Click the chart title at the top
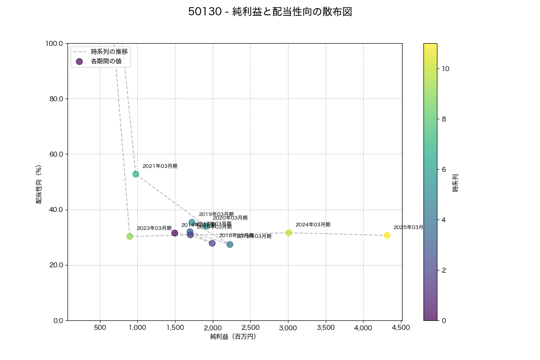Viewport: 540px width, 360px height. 270,12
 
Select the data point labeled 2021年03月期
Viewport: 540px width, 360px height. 135,174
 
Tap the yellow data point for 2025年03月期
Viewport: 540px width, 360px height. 387,235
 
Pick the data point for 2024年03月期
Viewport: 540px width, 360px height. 288,233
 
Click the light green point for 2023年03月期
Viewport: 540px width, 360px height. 130,236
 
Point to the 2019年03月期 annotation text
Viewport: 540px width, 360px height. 216,214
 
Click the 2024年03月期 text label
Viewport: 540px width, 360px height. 313,225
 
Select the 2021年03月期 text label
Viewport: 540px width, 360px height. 160,166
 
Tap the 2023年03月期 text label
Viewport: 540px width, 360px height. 154,228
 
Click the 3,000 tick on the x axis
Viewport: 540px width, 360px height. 288,328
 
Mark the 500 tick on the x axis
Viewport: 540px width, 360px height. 100,328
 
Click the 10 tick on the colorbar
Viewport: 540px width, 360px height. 445,69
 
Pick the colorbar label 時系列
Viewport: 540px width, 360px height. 455,182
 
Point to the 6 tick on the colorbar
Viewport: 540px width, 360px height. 444,170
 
